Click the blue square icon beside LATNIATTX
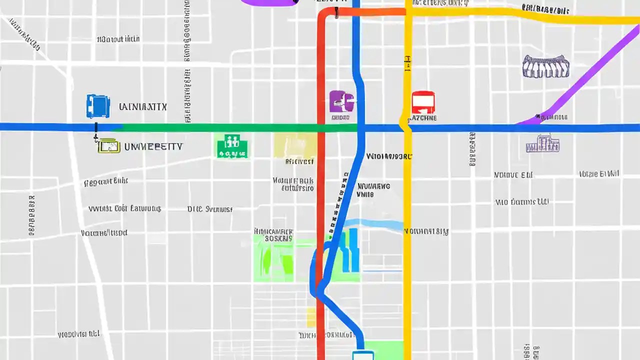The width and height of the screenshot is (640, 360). [x=98, y=106]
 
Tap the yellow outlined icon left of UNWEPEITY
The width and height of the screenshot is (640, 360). [x=109, y=146]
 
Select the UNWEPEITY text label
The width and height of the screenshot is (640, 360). [x=153, y=146]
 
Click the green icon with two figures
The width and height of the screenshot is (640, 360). [x=232, y=146]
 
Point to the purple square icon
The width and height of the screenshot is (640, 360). [x=341, y=101]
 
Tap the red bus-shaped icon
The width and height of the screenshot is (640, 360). [x=423, y=102]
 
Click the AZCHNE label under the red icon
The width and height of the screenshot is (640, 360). [x=423, y=118]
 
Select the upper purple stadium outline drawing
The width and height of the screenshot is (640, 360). [x=546, y=66]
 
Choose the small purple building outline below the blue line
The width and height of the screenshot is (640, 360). [x=542, y=144]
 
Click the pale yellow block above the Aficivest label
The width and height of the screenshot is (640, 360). [x=295, y=145]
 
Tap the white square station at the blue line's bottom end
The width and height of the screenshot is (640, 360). [x=363, y=355]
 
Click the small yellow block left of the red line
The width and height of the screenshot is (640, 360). [x=311, y=317]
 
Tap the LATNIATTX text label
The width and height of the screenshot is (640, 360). [x=143, y=106]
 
